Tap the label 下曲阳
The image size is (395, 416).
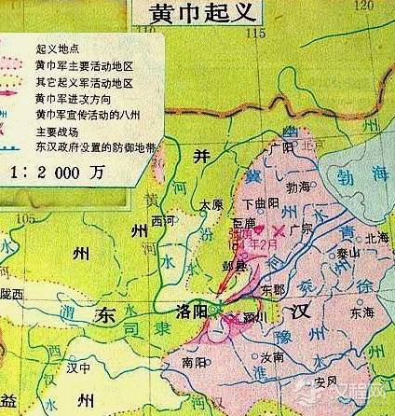coord(260,203)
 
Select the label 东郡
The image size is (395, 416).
coord(274,289)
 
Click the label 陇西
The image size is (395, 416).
coord(12,293)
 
